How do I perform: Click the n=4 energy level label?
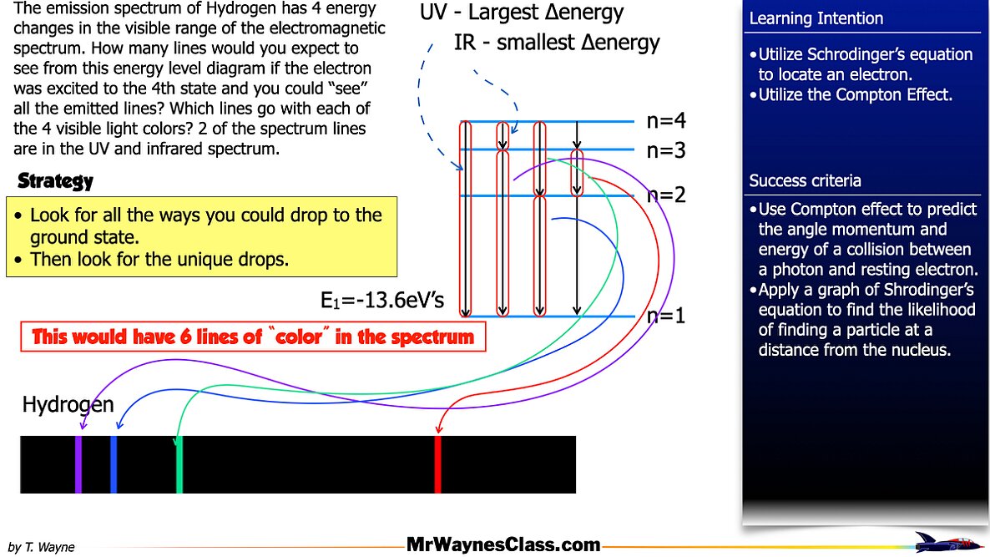click(666, 121)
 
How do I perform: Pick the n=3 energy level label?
click(666, 150)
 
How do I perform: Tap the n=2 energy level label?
click(666, 195)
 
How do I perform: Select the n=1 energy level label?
click(666, 316)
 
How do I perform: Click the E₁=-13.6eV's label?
click(381, 301)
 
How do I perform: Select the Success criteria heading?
click(805, 181)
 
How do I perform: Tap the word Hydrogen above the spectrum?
click(68, 406)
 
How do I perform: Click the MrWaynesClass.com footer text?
click(503, 545)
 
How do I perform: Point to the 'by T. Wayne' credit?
click(41, 547)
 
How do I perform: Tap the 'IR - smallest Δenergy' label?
click(557, 43)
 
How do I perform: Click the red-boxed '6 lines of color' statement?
click(253, 337)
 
